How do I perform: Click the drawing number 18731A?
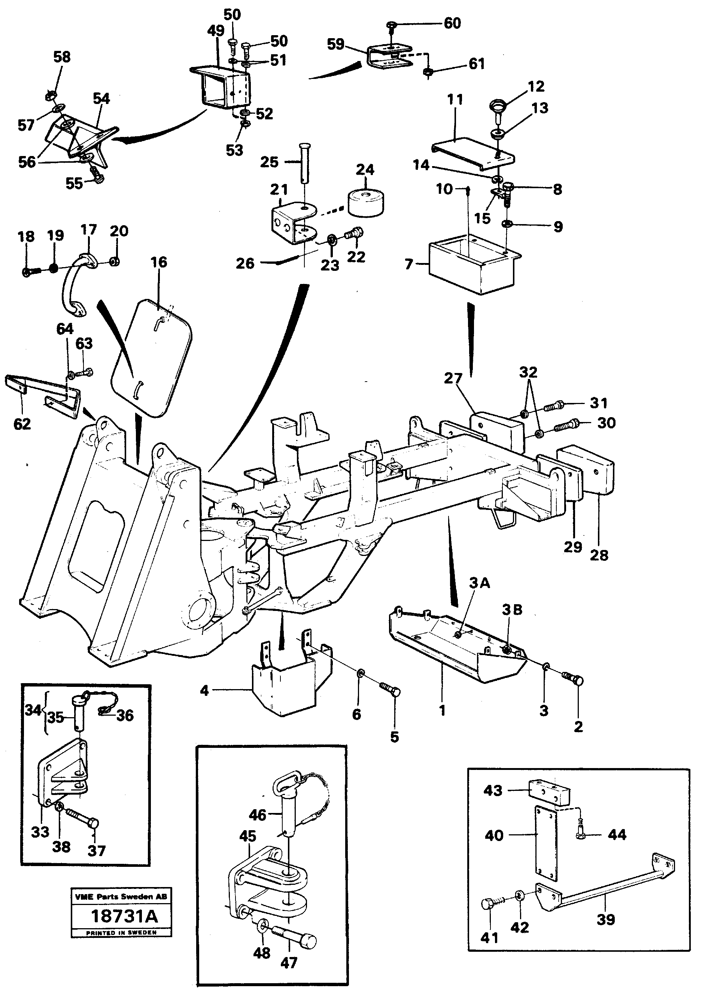coord(124,916)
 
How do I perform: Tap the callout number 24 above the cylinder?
coord(365,169)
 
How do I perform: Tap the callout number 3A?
coord(479,583)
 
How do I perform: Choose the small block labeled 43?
coord(548,791)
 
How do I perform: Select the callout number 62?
coord(22,424)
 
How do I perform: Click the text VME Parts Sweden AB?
coord(121,896)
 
